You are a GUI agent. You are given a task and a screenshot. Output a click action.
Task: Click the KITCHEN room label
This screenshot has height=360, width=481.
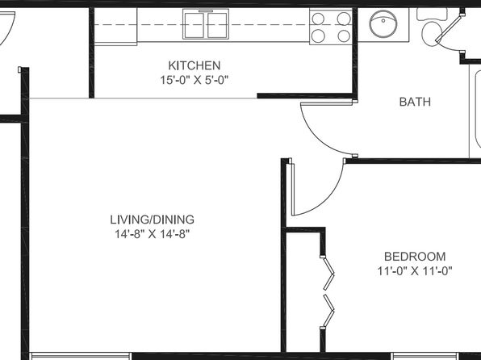pyautogui.click(x=194, y=65)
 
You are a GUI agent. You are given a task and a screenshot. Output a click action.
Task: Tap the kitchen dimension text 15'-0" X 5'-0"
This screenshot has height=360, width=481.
pyautogui.click(x=194, y=81)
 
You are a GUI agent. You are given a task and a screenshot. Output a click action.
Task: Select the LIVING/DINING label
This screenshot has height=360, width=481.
pyautogui.click(x=153, y=220)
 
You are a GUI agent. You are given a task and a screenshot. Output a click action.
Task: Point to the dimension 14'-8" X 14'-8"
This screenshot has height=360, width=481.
pyautogui.click(x=153, y=234)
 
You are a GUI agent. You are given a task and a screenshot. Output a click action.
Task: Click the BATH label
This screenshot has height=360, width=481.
pyautogui.click(x=415, y=102)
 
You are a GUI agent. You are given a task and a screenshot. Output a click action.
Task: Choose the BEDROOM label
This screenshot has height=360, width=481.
pyautogui.click(x=415, y=257)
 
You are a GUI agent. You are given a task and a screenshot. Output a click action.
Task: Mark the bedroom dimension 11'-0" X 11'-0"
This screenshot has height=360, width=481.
pyautogui.click(x=415, y=271)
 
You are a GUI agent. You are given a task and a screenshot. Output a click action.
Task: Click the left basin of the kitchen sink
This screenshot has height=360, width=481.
pyautogui.click(x=194, y=25)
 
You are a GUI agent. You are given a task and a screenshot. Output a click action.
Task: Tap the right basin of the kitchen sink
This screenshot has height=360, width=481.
pyautogui.click(x=217, y=25)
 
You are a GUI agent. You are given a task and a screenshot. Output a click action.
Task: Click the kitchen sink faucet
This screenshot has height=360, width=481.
pyautogui.click(x=206, y=10)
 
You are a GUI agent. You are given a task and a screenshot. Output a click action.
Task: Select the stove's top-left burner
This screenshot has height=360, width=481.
pyautogui.click(x=318, y=19)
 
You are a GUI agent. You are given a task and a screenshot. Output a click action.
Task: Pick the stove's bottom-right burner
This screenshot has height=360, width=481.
pyautogui.click(x=344, y=36)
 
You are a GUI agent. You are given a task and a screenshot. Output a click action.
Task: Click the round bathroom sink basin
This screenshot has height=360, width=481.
pyautogui.click(x=383, y=24)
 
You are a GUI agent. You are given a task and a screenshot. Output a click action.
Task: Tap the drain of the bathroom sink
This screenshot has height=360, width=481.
pyautogui.click(x=383, y=21)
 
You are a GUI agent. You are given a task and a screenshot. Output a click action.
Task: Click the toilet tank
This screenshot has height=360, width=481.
pyautogui.click(x=432, y=15)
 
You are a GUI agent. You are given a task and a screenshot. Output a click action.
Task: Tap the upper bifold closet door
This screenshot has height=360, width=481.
pyautogui.click(x=328, y=273)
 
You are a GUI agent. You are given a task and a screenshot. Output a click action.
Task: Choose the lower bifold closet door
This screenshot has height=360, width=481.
pyautogui.click(x=328, y=311)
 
